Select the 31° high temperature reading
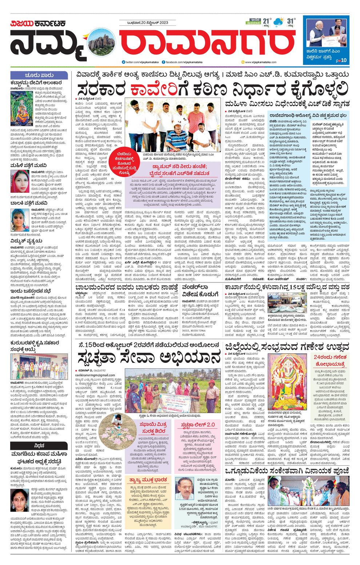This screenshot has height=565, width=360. (x=291, y=21)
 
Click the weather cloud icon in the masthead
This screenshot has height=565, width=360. (x=279, y=22)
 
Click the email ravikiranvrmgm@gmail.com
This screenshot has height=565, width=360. (x=95, y=375)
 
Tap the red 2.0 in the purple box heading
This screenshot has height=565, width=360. (x=209, y=424)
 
